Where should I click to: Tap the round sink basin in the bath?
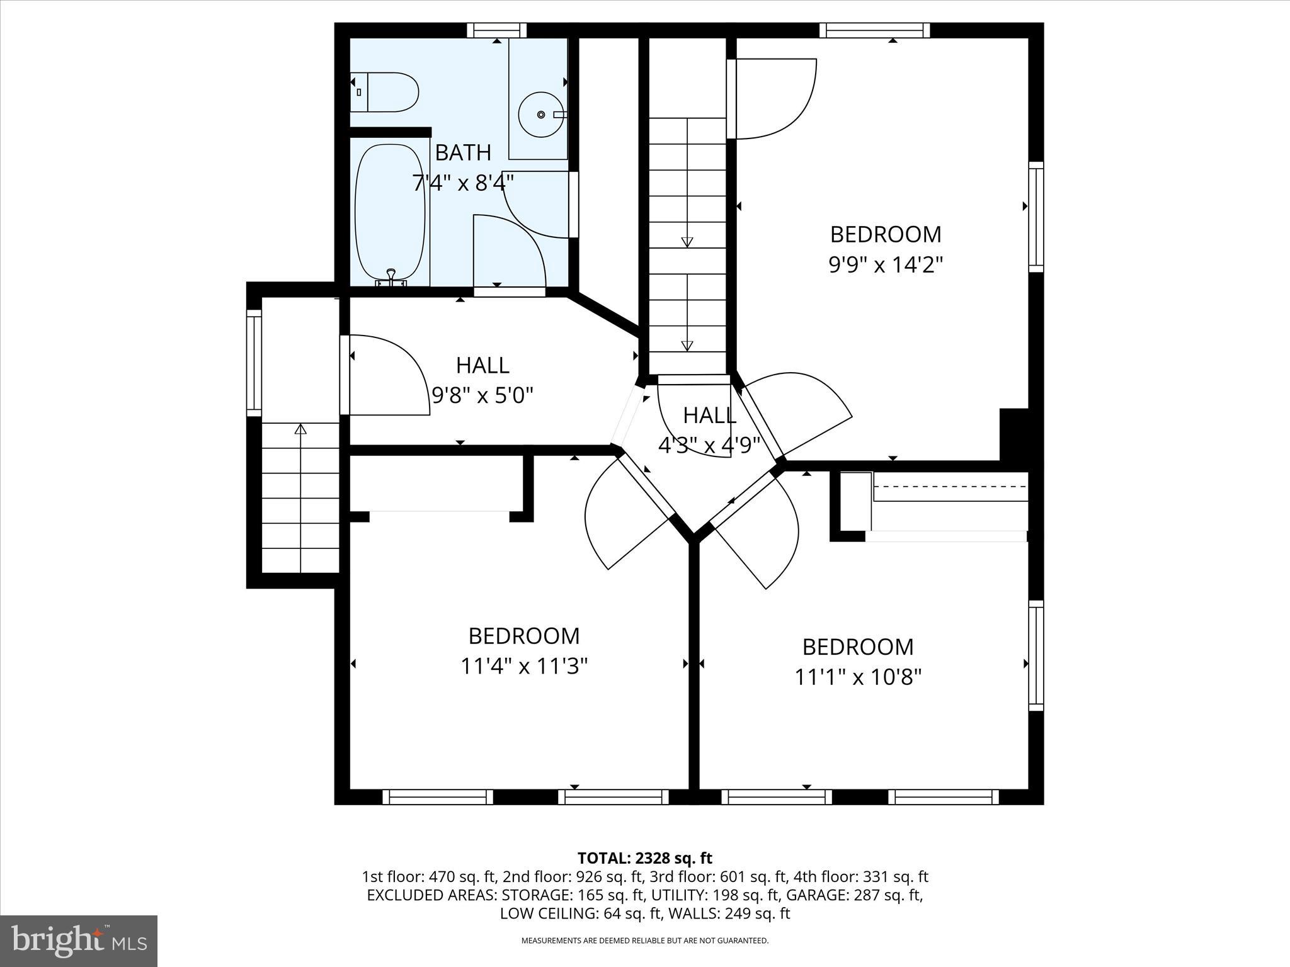coord(540,115)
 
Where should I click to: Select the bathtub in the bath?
coord(391,214)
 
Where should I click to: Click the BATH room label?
coord(463,152)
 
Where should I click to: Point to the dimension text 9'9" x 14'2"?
coord(886,265)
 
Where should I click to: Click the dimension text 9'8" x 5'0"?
coord(482,396)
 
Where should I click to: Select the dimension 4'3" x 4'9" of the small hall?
coord(709,446)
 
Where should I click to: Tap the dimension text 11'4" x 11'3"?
coord(524,666)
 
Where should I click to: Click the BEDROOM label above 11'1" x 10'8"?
coord(858,647)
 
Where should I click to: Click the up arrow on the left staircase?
coord(300,429)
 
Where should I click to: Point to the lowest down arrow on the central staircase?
coord(687,346)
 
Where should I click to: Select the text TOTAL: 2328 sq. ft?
coord(644,858)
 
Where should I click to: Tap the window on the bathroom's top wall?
coord(497,30)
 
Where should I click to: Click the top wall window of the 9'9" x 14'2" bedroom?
coord(875,30)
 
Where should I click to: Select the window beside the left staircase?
coord(253,362)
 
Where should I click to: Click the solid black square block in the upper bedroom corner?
coord(1014,434)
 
